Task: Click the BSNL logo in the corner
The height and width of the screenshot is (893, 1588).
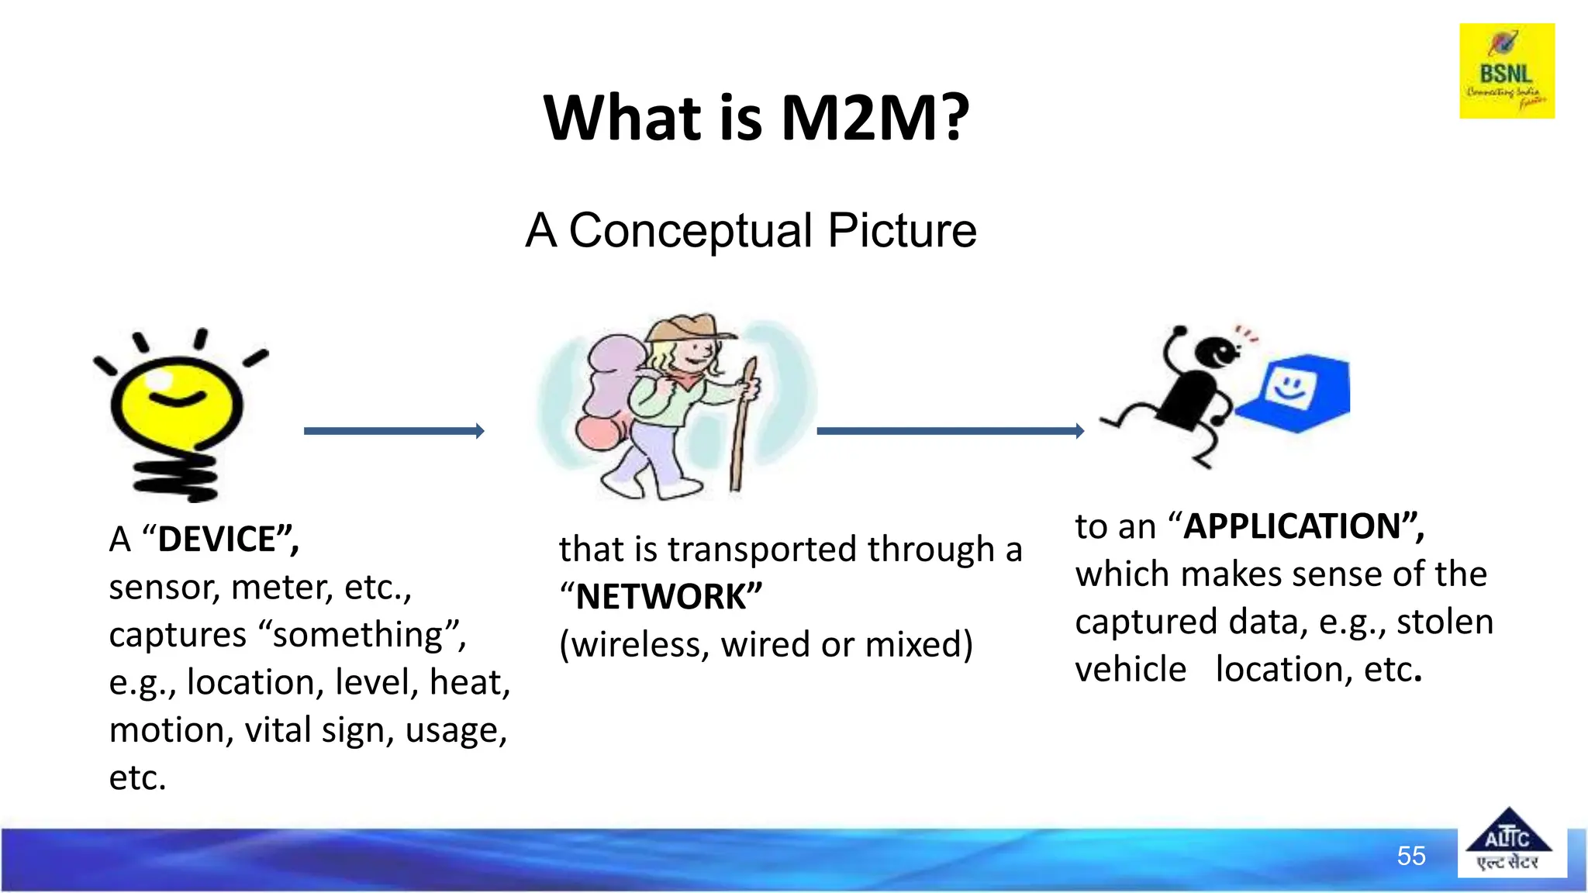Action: point(1506,71)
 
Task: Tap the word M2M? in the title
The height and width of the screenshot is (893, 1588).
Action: point(875,118)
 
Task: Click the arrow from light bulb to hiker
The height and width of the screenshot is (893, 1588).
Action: point(394,431)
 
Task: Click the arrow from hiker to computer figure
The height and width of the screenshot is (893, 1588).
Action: point(950,431)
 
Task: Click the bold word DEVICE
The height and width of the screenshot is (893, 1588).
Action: point(217,540)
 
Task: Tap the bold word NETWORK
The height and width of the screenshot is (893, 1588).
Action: point(661,597)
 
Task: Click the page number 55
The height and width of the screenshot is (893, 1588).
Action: point(1410,856)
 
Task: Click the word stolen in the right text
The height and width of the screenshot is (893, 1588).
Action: point(1444,622)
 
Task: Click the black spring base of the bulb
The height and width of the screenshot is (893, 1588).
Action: point(177,477)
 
